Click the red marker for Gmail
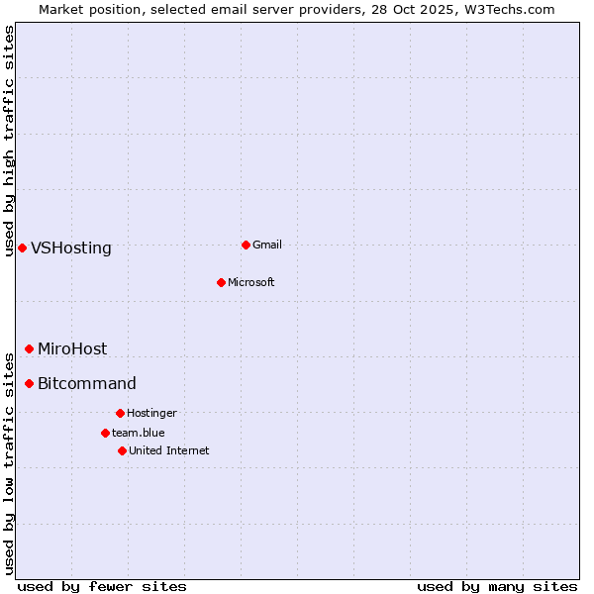pos(246,245)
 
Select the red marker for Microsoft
pos(221,282)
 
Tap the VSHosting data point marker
pos(22,247)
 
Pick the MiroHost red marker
pos(29,348)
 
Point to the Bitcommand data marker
pos(29,383)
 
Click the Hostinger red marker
pos(120,413)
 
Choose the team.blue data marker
pos(105,433)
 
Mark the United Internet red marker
pos(122,450)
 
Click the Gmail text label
pos(267,245)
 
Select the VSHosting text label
pos(71,248)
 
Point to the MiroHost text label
pos(72,349)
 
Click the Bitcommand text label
pos(87,384)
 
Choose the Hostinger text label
pos(151,413)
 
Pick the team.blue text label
pos(139,433)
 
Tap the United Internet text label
pos(169,450)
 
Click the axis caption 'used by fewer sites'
pos(102,586)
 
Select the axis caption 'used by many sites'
pos(497,586)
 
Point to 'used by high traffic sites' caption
pos(9,141)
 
